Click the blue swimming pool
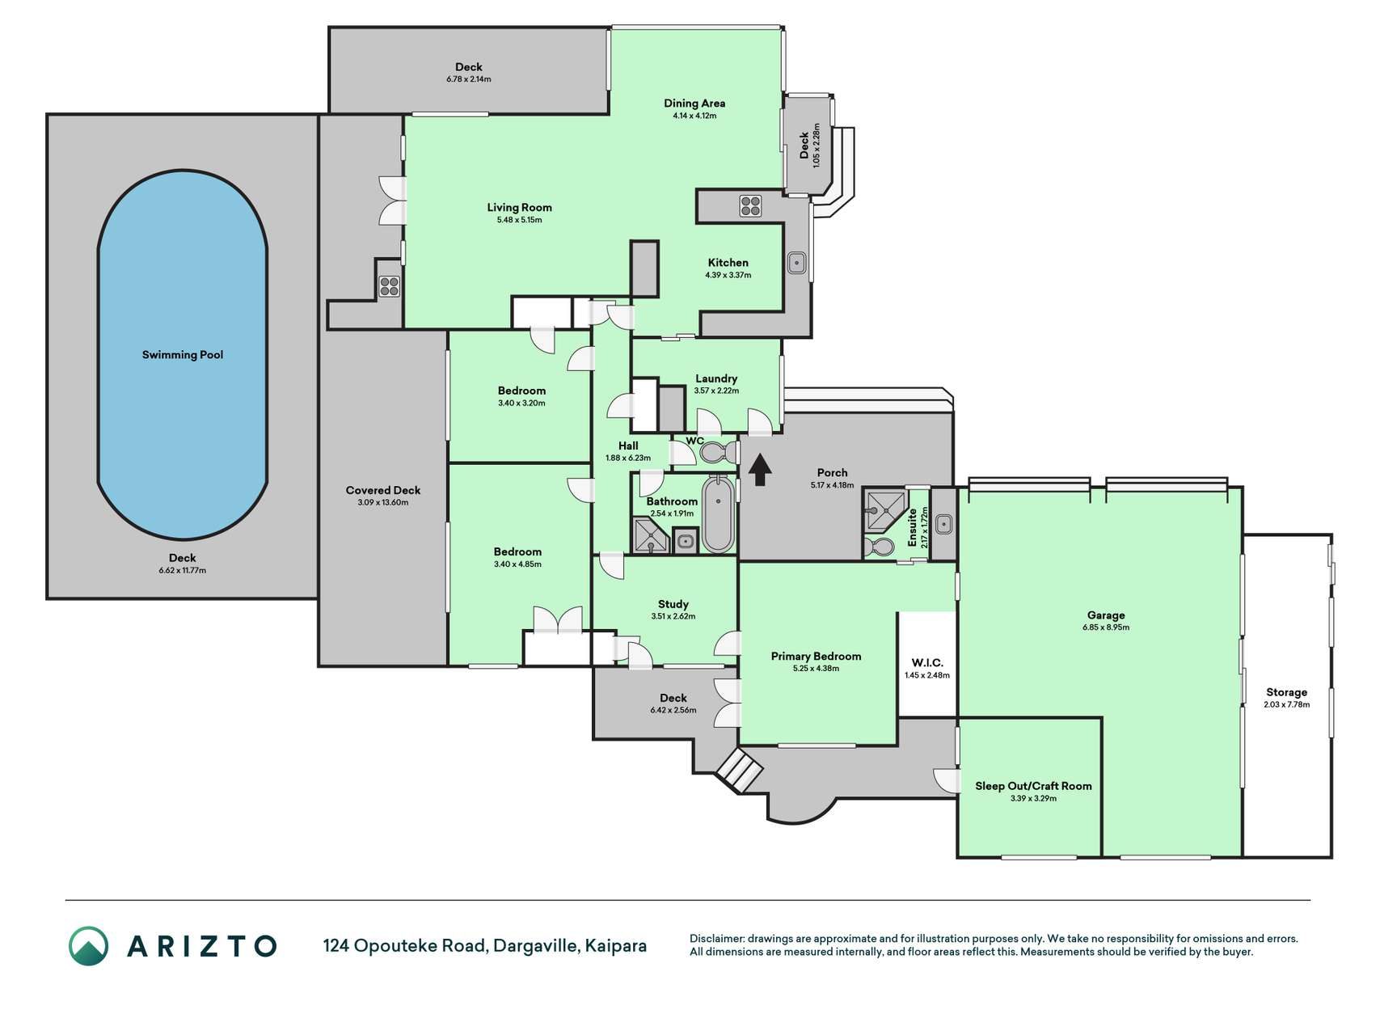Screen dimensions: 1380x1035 click(x=183, y=354)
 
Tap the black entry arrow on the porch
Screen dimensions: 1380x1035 click(x=759, y=470)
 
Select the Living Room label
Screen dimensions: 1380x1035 click(x=519, y=207)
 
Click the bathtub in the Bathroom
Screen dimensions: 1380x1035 click(x=718, y=513)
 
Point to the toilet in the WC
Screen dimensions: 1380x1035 click(x=715, y=451)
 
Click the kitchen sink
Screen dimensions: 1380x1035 click(x=797, y=263)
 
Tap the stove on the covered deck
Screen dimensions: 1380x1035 click(x=390, y=285)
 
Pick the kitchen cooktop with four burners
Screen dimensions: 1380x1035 click(x=750, y=205)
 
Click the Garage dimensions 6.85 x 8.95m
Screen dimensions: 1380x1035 click(x=1106, y=627)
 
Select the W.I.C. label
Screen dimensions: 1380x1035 click(x=927, y=663)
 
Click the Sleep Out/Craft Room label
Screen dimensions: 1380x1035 click(x=1033, y=786)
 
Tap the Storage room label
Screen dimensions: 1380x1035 click(x=1286, y=692)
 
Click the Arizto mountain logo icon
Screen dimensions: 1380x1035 click(x=88, y=946)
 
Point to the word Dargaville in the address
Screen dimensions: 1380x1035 click(x=534, y=945)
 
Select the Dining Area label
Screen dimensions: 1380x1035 click(x=694, y=103)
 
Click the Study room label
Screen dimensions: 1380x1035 click(x=673, y=604)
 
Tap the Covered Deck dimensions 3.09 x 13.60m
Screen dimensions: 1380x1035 click(x=383, y=502)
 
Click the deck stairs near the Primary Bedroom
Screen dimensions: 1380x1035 click(x=739, y=769)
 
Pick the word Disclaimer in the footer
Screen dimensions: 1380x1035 click(x=716, y=939)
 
